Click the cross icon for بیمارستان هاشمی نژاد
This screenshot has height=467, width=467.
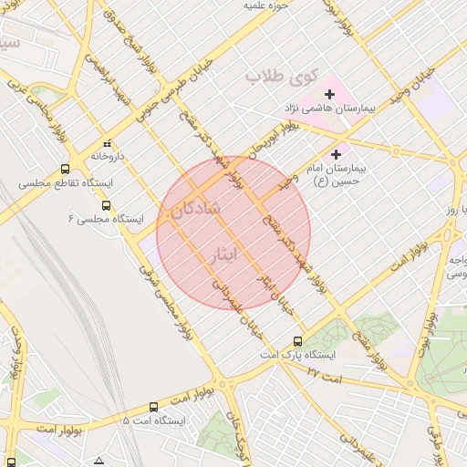pos(329,94)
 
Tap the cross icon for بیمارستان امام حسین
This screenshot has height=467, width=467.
pos(337,155)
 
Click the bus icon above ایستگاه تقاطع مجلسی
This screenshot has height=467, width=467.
pos(65,169)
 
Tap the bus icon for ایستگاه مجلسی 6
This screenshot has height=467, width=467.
pos(107,206)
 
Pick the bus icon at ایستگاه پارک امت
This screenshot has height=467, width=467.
pos(298,341)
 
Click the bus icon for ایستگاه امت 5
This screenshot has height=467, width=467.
pos(152,408)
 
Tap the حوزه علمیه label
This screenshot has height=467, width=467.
pos(265,6)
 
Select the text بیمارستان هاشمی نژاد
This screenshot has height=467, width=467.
pos(329,109)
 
